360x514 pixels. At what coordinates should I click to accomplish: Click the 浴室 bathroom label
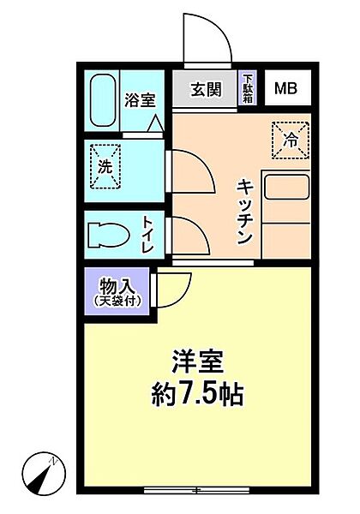[141, 99]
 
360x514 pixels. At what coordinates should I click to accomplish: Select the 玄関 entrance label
[206, 87]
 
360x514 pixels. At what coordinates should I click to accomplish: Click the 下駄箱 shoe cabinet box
[247, 87]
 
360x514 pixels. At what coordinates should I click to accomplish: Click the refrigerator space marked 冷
[290, 137]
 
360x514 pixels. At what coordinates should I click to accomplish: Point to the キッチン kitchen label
[245, 209]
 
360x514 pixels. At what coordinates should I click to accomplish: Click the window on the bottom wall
[196, 490]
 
